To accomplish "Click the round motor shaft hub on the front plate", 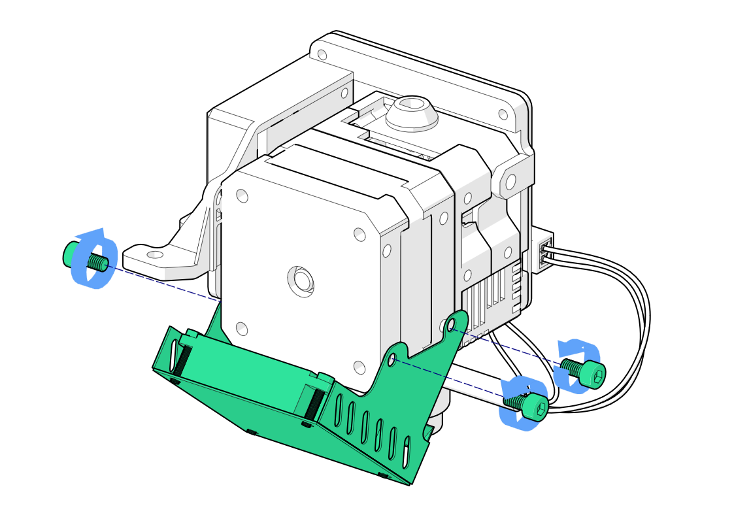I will (x=301, y=280).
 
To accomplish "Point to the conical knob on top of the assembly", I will (x=411, y=113).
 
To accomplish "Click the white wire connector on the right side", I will (x=543, y=252).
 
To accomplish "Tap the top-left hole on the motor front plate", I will (x=242, y=195).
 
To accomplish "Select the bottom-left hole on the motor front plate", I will (x=241, y=329).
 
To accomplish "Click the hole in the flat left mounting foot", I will (x=155, y=254).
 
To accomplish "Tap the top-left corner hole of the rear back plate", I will (x=322, y=54).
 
